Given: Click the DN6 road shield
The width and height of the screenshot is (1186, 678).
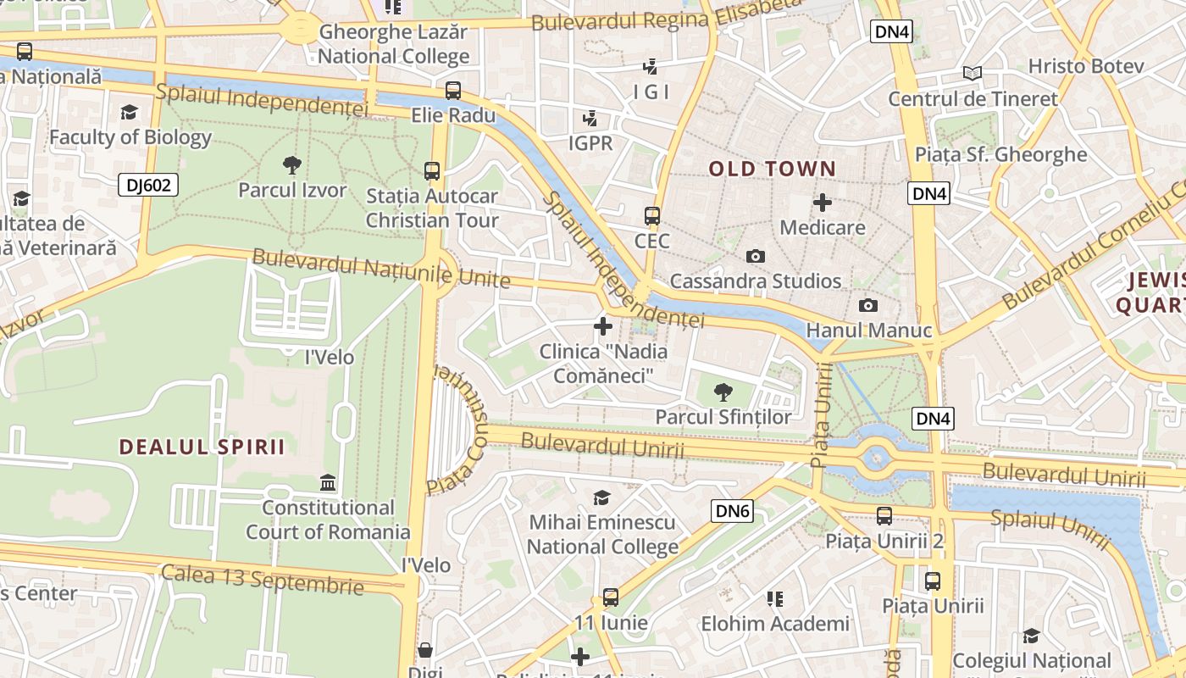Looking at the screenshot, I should (x=733, y=510).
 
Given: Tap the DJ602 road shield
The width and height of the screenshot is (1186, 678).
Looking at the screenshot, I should (x=147, y=185).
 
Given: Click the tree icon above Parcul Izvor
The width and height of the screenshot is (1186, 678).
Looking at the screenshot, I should (x=292, y=164).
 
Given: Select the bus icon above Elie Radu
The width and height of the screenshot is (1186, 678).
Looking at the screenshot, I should (x=453, y=90).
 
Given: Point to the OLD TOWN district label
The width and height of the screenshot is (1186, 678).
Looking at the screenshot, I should (x=772, y=169).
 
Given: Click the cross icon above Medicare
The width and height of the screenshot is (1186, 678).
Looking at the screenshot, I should (x=823, y=203).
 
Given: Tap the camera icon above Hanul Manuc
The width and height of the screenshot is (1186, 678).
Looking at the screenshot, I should (x=868, y=306).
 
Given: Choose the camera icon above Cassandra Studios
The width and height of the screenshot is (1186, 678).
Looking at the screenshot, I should (x=755, y=256).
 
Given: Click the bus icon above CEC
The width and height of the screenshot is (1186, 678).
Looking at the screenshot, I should (x=651, y=216).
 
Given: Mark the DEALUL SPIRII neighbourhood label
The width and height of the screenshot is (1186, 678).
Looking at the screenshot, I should (x=202, y=447).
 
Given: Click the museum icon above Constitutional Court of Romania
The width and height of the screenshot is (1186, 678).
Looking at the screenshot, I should (x=328, y=483).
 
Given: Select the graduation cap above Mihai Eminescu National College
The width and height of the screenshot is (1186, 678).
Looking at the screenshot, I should (x=602, y=497).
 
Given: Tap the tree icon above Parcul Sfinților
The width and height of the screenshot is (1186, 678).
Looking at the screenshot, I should (x=723, y=392).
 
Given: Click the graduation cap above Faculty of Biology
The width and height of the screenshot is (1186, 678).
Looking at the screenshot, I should (x=130, y=112).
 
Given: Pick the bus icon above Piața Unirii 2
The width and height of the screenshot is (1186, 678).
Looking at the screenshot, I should (x=884, y=515).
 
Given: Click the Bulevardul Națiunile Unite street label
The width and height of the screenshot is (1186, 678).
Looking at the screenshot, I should (x=381, y=268).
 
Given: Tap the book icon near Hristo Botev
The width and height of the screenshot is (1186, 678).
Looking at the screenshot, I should (x=973, y=74).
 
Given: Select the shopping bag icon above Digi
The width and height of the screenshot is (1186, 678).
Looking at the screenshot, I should (x=425, y=650).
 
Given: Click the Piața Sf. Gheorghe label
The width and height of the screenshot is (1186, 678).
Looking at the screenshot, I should (x=1000, y=154).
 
